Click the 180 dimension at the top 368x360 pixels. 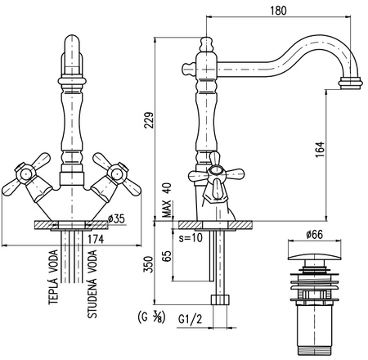coord(278,11)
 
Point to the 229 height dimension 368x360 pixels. coord(149,119)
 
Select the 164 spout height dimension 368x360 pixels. coord(320,149)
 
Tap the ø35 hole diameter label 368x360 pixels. coord(116,218)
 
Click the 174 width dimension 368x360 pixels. coord(96,239)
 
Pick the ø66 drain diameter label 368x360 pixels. coord(314,234)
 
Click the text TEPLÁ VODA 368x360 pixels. coord(53,277)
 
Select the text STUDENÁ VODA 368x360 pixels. coord(92,284)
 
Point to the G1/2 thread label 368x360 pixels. coord(191,319)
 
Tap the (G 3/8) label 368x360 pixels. coord(152,317)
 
